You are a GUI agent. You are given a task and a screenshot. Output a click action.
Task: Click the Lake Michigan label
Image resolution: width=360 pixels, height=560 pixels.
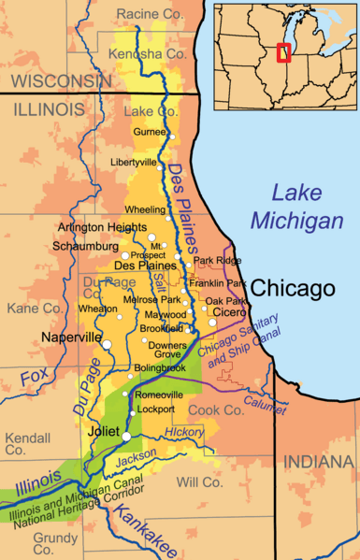(x=295, y=207)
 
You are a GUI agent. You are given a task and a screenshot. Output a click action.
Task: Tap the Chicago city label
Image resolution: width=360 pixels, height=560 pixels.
(x=294, y=288)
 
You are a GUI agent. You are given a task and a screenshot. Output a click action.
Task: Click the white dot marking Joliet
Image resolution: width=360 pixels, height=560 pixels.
(x=126, y=435)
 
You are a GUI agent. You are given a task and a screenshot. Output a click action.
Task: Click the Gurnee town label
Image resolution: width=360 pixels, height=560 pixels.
(x=150, y=134)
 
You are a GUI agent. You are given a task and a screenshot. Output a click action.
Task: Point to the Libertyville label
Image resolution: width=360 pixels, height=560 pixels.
(x=134, y=162)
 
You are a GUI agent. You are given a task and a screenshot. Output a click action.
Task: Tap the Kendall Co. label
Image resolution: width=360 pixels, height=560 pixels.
(x=28, y=443)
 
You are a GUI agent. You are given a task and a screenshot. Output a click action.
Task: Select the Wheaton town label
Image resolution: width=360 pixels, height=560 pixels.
(x=98, y=309)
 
